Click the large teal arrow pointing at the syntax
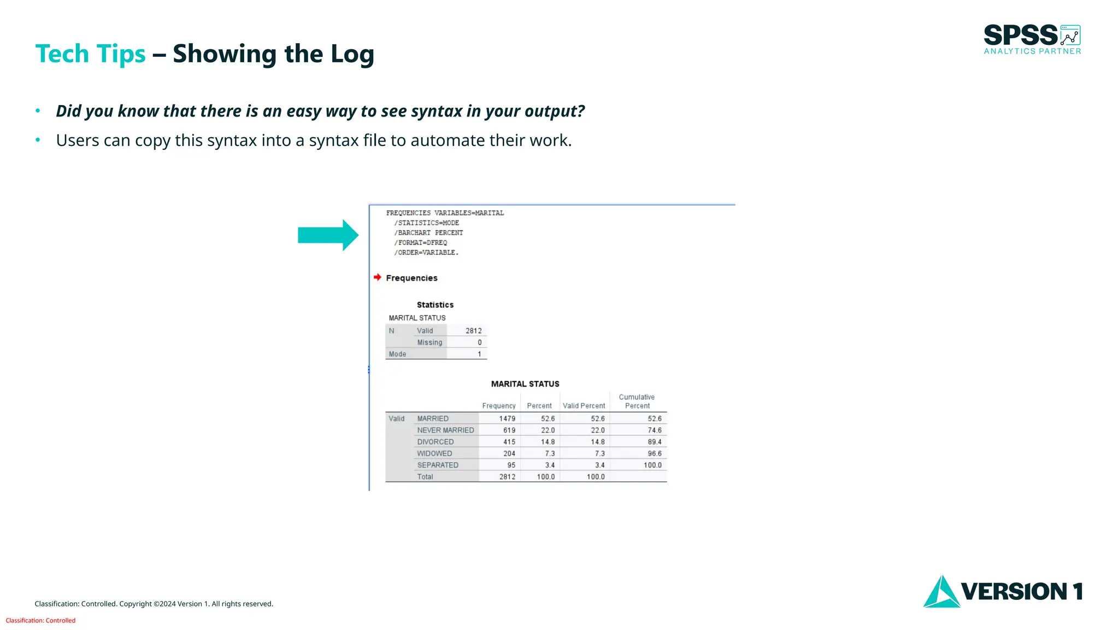pos(327,235)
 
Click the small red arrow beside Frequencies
pos(377,277)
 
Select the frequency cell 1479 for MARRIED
pos(507,418)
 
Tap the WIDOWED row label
pos(434,453)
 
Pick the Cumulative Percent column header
pos(637,401)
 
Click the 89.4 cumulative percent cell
pos(654,442)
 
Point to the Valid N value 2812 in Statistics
pos(473,331)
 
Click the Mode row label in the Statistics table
pos(397,354)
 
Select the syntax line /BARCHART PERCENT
pos(428,232)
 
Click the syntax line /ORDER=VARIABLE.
pos(426,253)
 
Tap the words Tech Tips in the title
pos(90,54)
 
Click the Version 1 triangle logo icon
pos(941,592)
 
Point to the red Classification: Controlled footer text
pos(40,620)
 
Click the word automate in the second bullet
pos(447,141)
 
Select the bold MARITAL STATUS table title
pos(525,384)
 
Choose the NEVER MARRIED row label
pos(445,430)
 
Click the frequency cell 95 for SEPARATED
pos(511,465)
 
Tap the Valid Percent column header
pos(584,406)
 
